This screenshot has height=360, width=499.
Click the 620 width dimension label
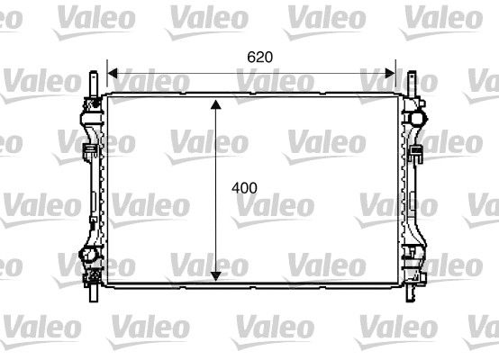point(259,56)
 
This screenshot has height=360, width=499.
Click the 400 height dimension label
point(244,188)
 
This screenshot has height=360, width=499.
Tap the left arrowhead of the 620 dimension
point(112,72)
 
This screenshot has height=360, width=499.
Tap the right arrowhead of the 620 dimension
point(391,72)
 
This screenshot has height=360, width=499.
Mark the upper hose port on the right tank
point(418,116)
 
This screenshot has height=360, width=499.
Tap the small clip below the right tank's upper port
point(417,152)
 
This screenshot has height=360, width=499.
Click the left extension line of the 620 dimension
point(107,77)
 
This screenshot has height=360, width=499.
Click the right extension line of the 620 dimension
point(395,77)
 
